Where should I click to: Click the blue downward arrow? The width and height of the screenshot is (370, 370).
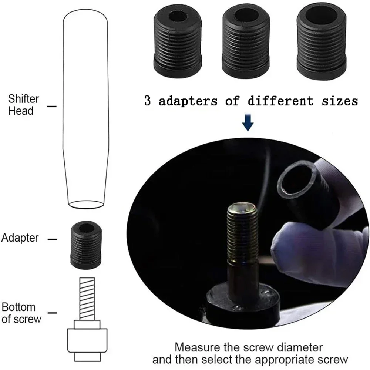248,122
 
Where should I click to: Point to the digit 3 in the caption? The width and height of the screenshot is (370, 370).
147,101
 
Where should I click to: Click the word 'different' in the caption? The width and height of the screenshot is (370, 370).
280,101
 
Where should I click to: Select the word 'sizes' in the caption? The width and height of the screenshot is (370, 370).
340,101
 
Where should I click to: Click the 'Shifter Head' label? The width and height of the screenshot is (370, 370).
24,105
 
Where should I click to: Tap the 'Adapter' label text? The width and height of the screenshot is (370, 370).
20,238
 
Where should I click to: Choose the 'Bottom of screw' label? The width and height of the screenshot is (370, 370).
21,313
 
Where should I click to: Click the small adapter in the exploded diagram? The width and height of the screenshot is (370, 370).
86,245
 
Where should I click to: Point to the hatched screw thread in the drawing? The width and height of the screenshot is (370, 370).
87,299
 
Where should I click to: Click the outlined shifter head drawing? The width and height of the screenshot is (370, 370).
86,108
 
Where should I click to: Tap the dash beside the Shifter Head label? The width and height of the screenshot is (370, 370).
52,107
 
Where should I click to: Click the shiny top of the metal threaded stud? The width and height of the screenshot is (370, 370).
241,208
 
